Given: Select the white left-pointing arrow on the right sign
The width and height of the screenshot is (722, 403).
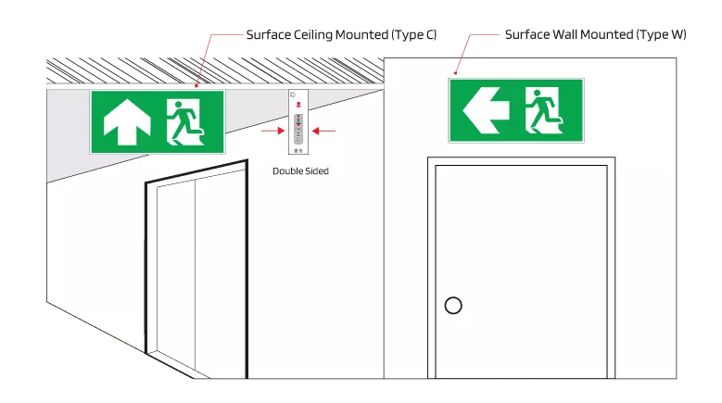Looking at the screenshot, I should (486, 111).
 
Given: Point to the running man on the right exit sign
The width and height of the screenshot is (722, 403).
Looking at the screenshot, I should (544, 110).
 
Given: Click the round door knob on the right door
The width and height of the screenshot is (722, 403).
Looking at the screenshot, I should (453, 305).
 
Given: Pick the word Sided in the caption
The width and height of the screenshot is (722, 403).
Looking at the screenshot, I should (317, 171).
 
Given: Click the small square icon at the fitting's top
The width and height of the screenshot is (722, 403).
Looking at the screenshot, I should (294, 94).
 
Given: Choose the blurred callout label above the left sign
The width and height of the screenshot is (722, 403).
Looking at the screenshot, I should (340, 36).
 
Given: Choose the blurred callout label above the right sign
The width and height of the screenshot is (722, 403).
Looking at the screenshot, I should (595, 36).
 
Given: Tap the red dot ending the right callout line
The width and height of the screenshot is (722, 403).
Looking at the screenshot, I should (455, 72).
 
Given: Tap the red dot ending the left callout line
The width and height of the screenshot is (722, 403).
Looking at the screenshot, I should (197, 84).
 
